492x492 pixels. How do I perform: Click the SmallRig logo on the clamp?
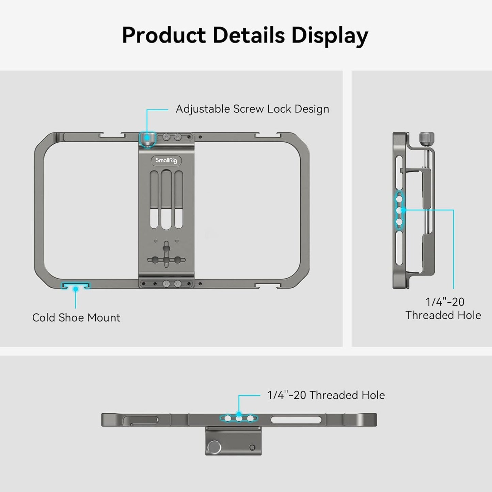coord(166,161)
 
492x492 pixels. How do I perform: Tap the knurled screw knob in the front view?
coord(147,139)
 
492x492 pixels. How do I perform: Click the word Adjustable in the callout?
coord(203,109)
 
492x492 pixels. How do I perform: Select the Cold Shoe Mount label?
coord(76,318)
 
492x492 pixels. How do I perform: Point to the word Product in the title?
coord(164,35)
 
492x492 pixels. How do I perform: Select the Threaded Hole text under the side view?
coord(443,315)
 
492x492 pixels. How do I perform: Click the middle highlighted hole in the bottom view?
coord(239,419)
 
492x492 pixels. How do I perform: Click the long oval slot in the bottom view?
coord(296,420)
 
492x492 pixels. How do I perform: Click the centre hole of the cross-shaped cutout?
coord(166,260)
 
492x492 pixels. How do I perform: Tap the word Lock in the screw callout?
coord(279,109)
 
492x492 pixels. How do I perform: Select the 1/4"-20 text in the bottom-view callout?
coord(286,395)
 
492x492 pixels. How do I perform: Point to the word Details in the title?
coord(249,35)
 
